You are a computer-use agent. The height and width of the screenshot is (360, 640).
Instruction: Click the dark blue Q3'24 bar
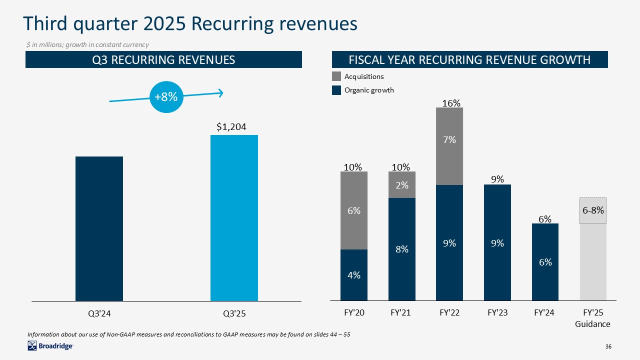(x=99, y=228)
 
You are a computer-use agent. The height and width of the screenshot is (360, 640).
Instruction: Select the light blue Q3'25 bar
(x=234, y=218)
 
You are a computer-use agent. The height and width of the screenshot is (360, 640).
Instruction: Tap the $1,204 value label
(x=231, y=127)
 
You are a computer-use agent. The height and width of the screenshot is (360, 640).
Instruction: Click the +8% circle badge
(x=165, y=97)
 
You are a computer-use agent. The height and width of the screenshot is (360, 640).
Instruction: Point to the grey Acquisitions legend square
(x=336, y=76)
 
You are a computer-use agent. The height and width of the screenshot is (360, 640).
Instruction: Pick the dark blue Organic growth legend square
(x=336, y=90)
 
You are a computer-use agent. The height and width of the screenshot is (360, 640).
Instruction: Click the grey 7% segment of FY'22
(x=449, y=146)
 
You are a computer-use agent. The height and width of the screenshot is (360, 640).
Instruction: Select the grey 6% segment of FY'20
(x=354, y=210)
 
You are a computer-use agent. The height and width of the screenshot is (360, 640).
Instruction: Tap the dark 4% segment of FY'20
(x=354, y=275)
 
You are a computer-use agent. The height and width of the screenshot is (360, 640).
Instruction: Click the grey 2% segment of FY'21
(x=402, y=185)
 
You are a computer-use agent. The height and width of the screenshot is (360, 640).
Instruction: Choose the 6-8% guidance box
(x=593, y=210)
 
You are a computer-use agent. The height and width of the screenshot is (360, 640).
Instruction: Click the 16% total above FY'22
(x=451, y=103)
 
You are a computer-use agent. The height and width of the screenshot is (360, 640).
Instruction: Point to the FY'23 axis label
(x=497, y=313)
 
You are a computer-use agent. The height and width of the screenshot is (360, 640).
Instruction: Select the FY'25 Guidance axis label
(x=593, y=318)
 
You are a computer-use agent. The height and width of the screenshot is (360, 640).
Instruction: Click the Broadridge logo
(x=50, y=345)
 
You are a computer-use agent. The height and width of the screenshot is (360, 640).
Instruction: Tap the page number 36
(x=608, y=346)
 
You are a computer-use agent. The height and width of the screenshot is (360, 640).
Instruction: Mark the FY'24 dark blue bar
(x=545, y=262)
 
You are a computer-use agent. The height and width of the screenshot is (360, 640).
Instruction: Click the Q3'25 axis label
(x=234, y=314)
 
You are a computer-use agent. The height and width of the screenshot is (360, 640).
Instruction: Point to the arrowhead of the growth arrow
(x=220, y=92)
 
